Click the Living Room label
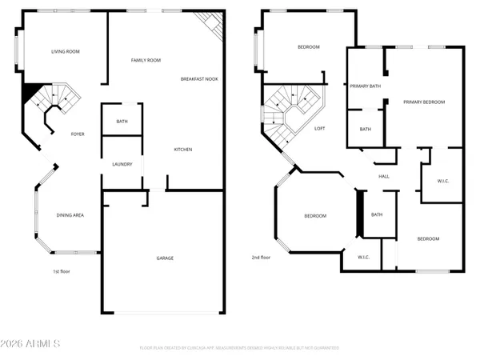pos(66,51)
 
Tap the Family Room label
pos(146,61)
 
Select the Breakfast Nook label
pos(199,79)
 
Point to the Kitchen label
pos(183,150)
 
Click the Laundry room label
pos(122,165)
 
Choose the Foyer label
pos(78,134)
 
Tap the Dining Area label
pos(70,215)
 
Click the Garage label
pos(165,258)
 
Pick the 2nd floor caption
pos(262,258)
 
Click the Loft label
pos(319,129)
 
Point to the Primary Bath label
pos(363,86)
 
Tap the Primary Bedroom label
pos(423,102)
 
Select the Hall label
pos(383,177)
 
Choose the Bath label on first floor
pos(122,122)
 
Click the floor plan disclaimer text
pos(239,348)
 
